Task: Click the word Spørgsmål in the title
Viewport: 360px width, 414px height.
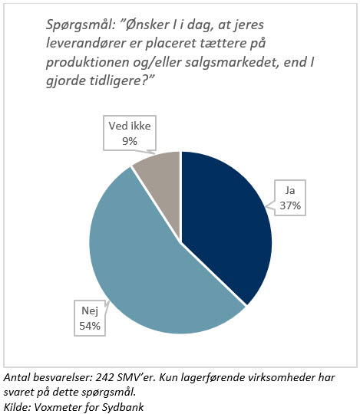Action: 76,26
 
